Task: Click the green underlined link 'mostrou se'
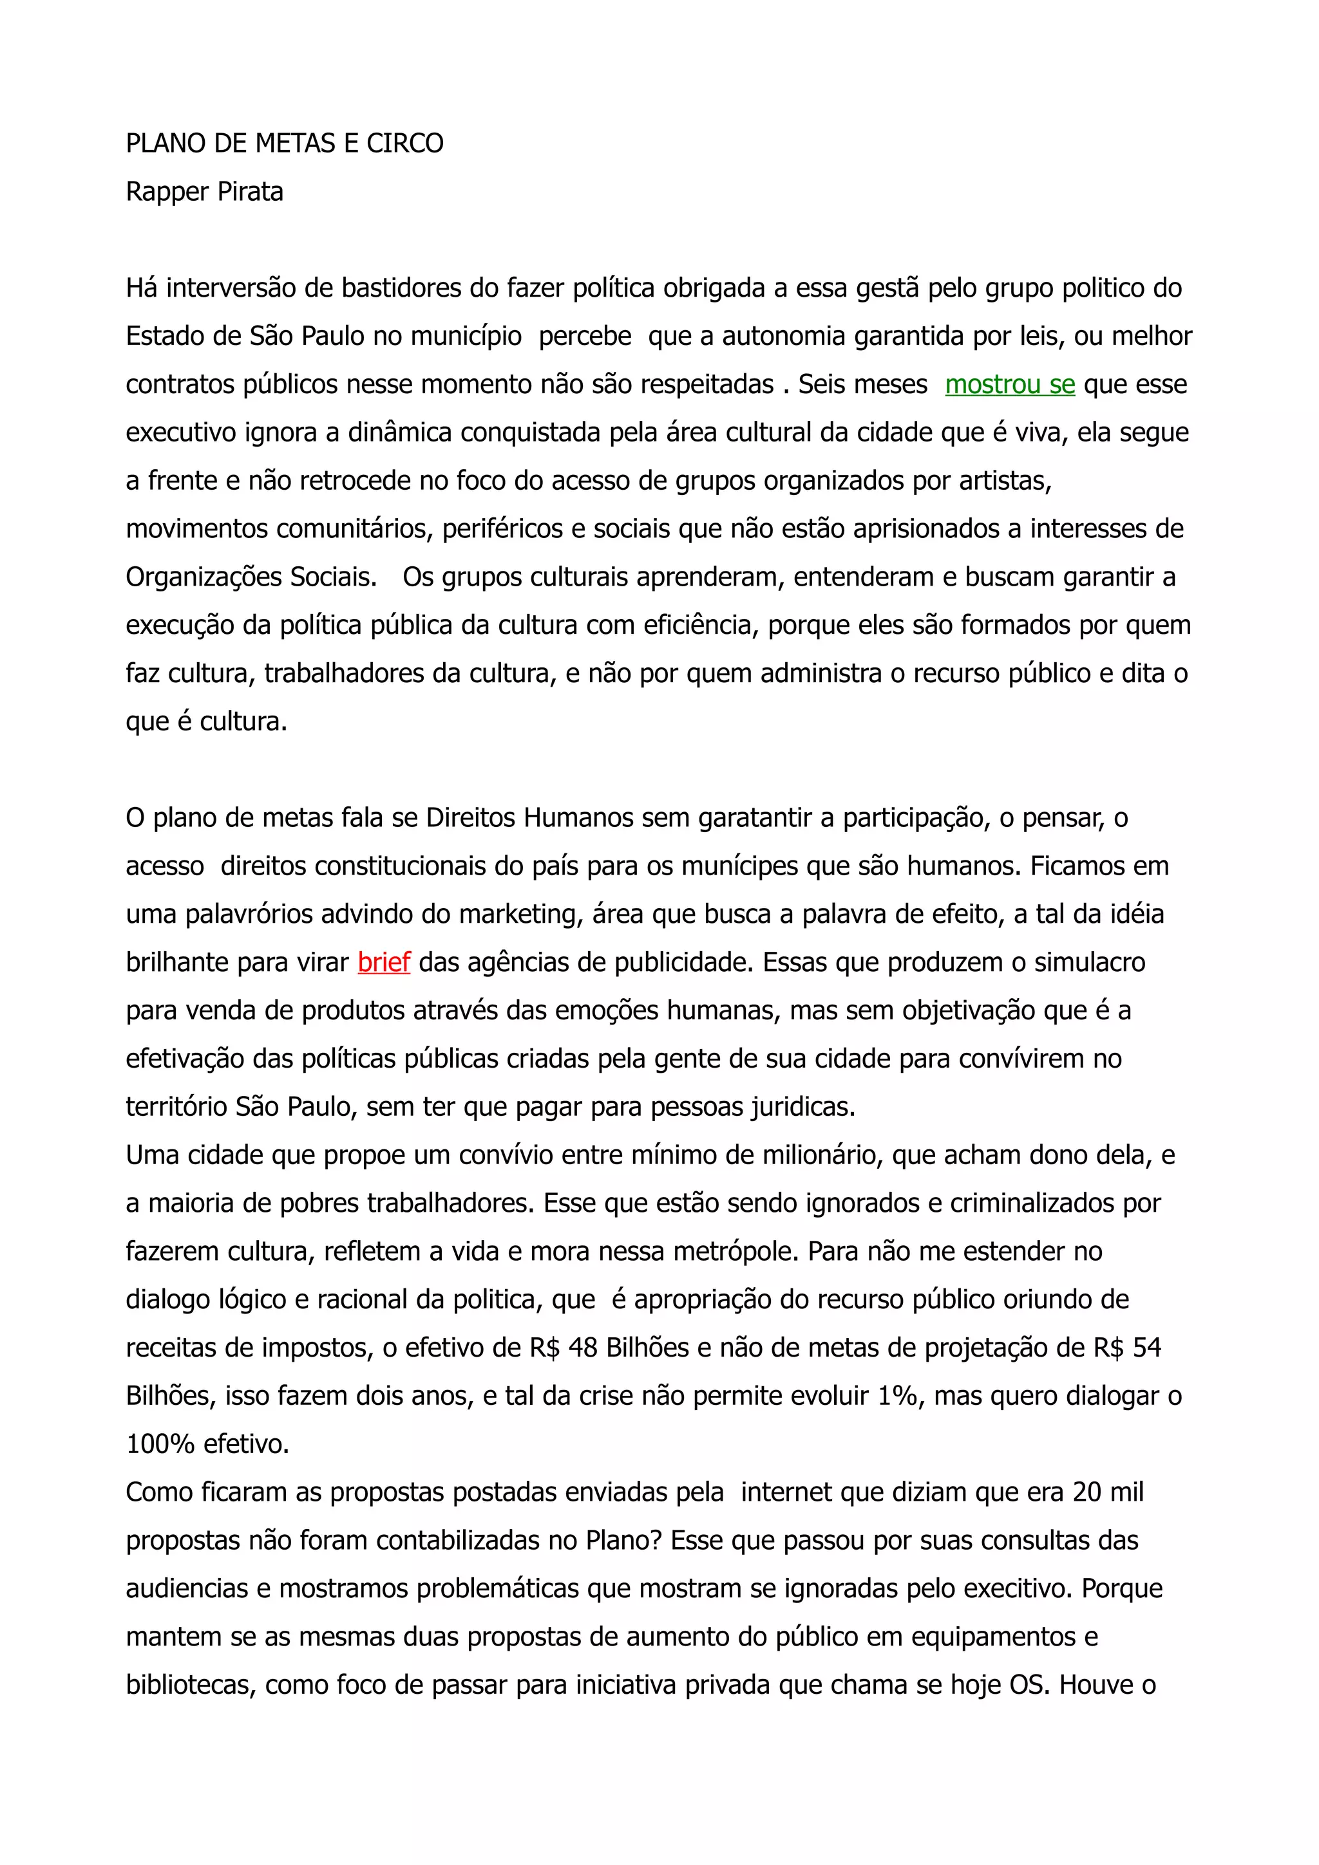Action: pyautogui.click(x=1009, y=385)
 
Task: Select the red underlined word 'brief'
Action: pyautogui.click(x=384, y=963)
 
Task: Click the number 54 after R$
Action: pyautogui.click(x=1146, y=1348)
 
